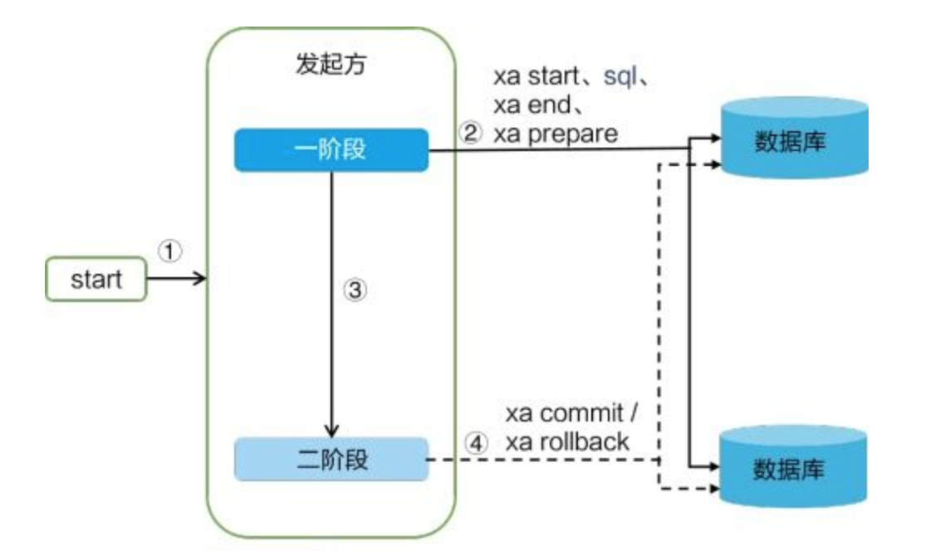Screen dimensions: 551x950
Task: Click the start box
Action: click(x=95, y=280)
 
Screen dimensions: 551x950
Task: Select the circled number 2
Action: click(x=471, y=134)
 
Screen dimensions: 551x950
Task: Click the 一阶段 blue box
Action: click(x=331, y=150)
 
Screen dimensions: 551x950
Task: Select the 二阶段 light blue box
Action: click(x=331, y=460)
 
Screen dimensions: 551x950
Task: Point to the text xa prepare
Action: click(x=556, y=134)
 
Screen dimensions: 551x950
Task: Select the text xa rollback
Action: click(x=567, y=442)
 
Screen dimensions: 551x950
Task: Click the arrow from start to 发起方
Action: click(x=176, y=280)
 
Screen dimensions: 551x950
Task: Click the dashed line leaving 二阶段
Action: click(x=540, y=460)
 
